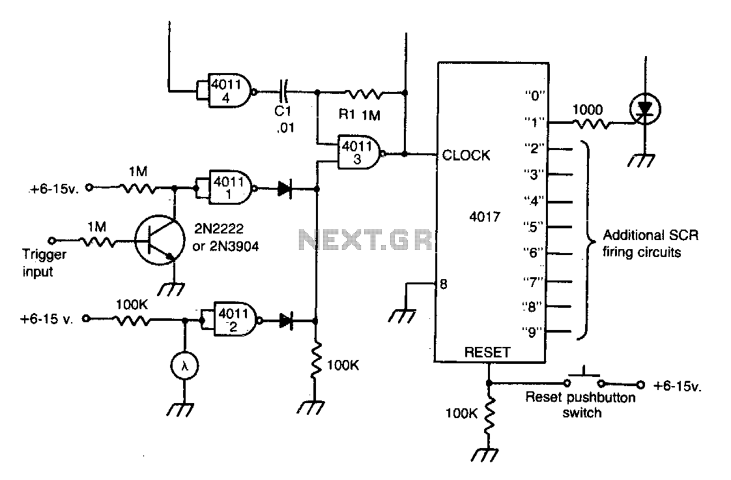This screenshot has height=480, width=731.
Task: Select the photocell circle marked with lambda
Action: [184, 366]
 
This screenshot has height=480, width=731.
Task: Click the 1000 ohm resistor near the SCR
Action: [591, 124]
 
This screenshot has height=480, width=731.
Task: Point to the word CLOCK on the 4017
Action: [466, 155]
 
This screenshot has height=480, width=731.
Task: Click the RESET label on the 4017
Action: [487, 352]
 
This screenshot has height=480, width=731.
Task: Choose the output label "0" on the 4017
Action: [535, 96]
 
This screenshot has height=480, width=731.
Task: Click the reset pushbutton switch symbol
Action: [584, 379]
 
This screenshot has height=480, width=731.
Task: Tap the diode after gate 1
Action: [284, 189]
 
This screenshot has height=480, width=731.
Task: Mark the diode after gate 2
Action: [286, 320]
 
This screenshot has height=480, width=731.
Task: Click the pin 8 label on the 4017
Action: [443, 284]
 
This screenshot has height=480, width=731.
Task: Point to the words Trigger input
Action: [44, 263]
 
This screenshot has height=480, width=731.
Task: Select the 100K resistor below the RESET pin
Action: [489, 416]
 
